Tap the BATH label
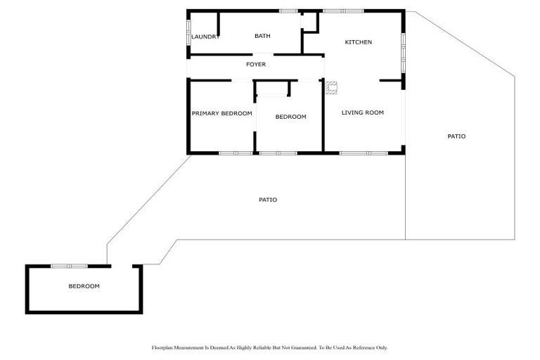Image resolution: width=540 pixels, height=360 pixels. pyautogui.click(x=262, y=36)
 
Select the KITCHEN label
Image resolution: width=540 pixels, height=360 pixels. pyautogui.click(x=358, y=42)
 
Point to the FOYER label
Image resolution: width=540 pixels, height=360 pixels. pyautogui.click(x=255, y=65)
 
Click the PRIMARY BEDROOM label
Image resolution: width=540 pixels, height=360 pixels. pyautogui.click(x=221, y=113)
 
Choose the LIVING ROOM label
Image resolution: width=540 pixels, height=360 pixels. pyautogui.click(x=362, y=112)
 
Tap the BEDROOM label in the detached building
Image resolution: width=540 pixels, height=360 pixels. pyautogui.click(x=84, y=286)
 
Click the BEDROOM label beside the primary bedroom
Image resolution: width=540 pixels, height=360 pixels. pyautogui.click(x=290, y=117)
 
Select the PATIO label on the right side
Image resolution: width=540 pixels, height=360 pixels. pyautogui.click(x=456, y=136)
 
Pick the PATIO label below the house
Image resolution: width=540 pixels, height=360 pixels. pyautogui.click(x=267, y=200)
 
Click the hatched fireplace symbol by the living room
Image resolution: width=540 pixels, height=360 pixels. pyautogui.click(x=330, y=88)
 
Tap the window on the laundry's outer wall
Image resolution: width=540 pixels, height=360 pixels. pyautogui.click(x=188, y=34)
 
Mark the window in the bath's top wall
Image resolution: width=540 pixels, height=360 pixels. pyautogui.click(x=288, y=11)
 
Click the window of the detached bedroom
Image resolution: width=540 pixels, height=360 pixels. pyautogui.click(x=69, y=266)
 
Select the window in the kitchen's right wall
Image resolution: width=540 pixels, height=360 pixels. pyautogui.click(x=403, y=52)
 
